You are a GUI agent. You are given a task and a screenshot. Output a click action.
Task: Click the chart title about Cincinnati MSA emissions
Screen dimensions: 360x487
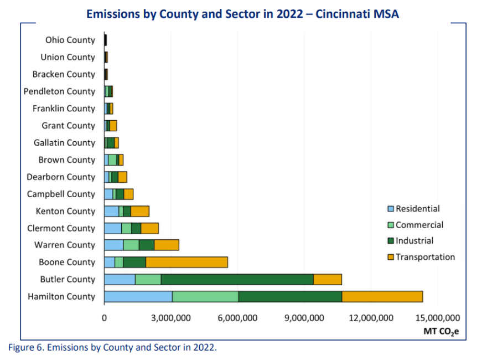[x=243, y=14]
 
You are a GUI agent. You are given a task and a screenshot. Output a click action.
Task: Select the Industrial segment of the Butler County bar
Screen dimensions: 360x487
[x=237, y=279]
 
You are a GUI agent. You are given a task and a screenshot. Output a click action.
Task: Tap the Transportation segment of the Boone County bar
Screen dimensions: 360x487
[x=186, y=262]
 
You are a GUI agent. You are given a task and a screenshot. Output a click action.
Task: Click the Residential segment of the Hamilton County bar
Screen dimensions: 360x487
[x=138, y=296]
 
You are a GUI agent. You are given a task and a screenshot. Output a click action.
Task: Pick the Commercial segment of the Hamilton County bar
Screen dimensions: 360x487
[x=205, y=296]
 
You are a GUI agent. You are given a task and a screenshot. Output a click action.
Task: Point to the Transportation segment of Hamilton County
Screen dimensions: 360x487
[x=382, y=296]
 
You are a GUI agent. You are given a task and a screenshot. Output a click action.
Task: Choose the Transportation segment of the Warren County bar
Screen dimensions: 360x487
[x=166, y=245]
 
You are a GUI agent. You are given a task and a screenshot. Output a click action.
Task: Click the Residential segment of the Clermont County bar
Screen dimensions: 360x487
[x=113, y=228]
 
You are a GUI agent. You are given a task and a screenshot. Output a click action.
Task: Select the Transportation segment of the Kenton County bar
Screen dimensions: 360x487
[x=140, y=210]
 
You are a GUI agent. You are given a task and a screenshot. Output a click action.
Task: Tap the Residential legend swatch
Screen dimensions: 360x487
[x=391, y=209]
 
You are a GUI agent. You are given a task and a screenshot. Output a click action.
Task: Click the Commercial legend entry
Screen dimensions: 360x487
[x=419, y=225]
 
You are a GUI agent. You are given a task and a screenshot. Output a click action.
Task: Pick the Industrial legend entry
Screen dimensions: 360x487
[x=414, y=241]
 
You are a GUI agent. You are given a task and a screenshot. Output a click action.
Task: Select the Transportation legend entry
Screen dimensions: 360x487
[x=424, y=257]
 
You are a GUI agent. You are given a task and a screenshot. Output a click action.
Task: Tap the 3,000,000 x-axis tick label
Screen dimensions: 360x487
[x=170, y=318]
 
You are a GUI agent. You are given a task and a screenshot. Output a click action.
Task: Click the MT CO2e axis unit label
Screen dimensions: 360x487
[x=441, y=332]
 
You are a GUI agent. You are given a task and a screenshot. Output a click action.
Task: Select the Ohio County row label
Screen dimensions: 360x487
[x=70, y=40]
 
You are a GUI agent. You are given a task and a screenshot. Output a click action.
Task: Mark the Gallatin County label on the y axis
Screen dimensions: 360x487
[x=64, y=142]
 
